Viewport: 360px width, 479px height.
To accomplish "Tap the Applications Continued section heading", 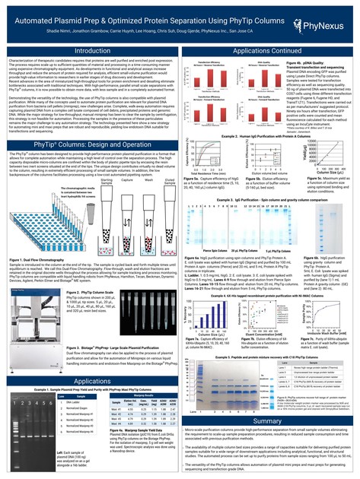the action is tap(270, 50).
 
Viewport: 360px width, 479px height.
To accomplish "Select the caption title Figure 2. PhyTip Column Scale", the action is tap(87, 268).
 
